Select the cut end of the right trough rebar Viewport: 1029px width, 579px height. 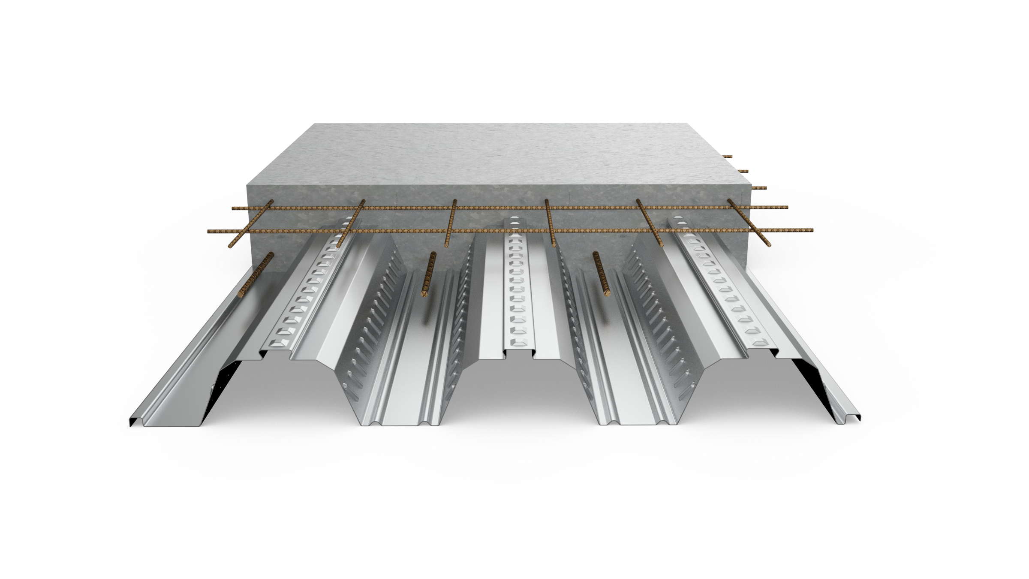pyautogui.click(x=608, y=293)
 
